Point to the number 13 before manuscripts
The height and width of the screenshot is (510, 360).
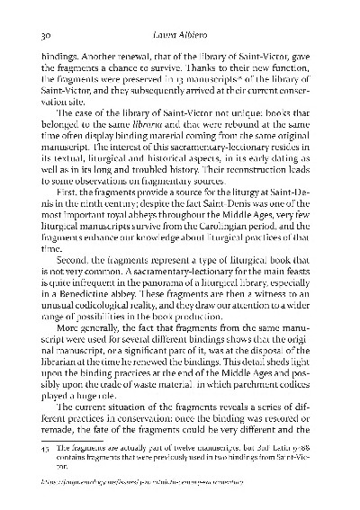(164, 82)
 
